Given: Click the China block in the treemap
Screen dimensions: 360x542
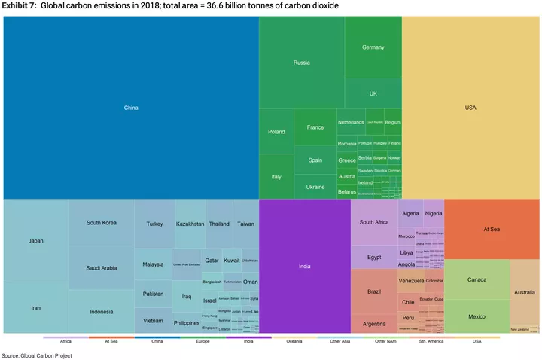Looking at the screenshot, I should click(131, 108).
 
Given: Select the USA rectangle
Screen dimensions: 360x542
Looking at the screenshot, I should click(470, 108).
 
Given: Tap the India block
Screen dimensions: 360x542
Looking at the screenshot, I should click(304, 266).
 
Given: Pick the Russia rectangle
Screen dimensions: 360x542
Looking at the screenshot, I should click(301, 63).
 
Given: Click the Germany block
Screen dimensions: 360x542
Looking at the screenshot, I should click(373, 47).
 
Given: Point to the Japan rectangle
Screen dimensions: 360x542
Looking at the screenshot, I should click(35, 241).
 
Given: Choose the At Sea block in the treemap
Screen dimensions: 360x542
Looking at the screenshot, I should click(492, 229).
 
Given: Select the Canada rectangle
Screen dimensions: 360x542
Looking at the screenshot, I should click(477, 279).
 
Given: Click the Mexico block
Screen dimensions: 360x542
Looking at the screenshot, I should click(477, 316).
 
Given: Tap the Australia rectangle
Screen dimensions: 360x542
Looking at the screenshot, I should click(525, 292).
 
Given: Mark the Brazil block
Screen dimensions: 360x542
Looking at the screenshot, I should click(373, 291).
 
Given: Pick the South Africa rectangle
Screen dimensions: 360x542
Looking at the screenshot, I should click(373, 222).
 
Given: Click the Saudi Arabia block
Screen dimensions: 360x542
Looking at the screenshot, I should click(101, 267).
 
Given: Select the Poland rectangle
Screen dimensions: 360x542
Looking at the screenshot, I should click(276, 132).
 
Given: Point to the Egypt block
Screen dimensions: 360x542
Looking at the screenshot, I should click(373, 257).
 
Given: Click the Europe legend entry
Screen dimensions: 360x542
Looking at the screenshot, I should click(202, 340).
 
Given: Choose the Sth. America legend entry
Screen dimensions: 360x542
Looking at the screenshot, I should click(431, 340).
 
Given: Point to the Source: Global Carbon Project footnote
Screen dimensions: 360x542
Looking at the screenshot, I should click(37, 355).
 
